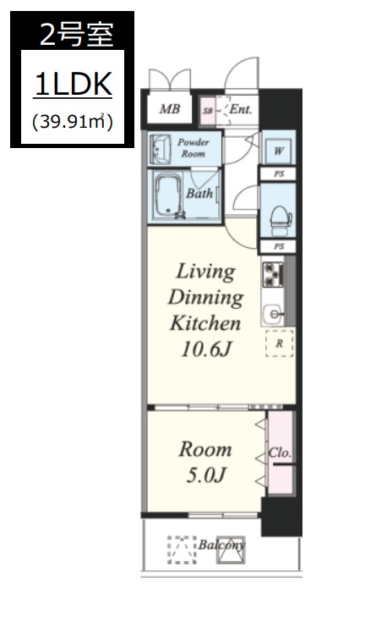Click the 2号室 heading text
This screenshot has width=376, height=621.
click(77, 36)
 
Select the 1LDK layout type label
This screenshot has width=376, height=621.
click(74, 85)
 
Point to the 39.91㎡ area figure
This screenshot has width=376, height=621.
click(73, 122)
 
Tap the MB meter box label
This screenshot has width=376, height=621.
click(170, 108)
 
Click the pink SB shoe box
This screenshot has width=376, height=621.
click(207, 111)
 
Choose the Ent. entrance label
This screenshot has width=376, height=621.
click(241, 109)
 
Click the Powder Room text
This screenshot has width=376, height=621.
click(193, 148)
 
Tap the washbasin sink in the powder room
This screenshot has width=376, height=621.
click(160, 149)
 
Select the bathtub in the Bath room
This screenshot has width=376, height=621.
click(168, 197)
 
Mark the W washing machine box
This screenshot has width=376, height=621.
click(279, 151)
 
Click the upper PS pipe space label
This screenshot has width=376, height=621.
click(279, 174)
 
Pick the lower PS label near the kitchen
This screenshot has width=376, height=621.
click(279, 246)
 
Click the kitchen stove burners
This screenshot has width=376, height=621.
click(273, 274)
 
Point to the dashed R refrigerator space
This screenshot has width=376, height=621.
click(280, 343)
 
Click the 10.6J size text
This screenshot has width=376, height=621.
click(206, 349)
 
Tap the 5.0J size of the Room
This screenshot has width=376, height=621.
click(206, 475)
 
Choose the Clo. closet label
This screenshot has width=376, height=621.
click(280, 453)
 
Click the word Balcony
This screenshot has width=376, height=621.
click(221, 545)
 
